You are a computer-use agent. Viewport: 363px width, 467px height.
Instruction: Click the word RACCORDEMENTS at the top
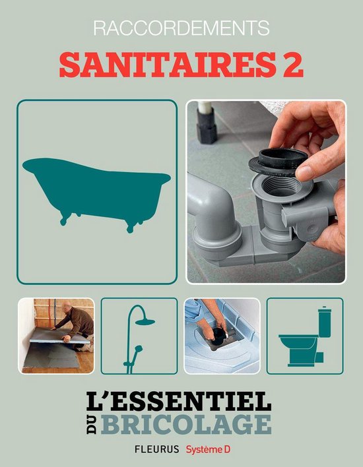pyautogui.click(x=182, y=28)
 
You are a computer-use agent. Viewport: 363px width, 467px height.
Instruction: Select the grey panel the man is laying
pyautogui.click(x=56, y=340)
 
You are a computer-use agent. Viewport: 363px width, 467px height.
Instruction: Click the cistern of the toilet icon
pyautogui.click(x=323, y=323)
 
